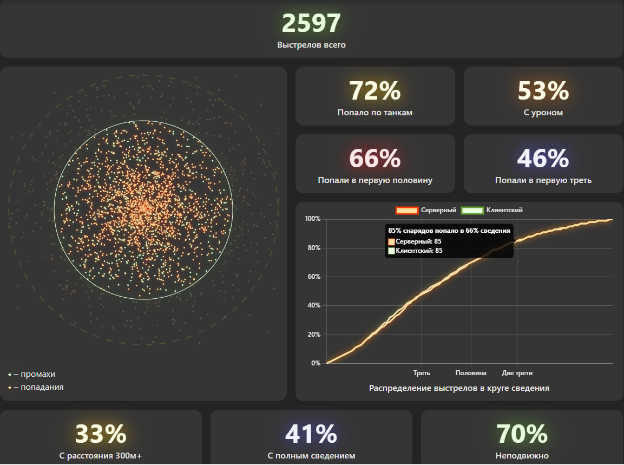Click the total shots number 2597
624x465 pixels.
311,24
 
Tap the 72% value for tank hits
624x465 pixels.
375,91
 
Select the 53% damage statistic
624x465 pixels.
543,91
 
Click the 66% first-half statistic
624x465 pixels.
375,159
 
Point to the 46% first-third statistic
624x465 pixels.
543,159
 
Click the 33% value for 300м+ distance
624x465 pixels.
101,434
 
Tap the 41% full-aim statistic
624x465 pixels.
311,434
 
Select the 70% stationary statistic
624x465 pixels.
522,434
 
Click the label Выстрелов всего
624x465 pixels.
311,45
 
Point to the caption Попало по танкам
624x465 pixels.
375,113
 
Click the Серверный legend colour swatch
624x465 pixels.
407,210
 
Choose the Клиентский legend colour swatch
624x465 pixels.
472,210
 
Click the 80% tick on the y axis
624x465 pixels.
313,248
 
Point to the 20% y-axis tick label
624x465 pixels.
313,335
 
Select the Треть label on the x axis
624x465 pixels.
422,373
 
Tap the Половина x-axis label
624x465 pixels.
471,373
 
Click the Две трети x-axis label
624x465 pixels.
517,373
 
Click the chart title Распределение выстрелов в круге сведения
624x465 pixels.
459,388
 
